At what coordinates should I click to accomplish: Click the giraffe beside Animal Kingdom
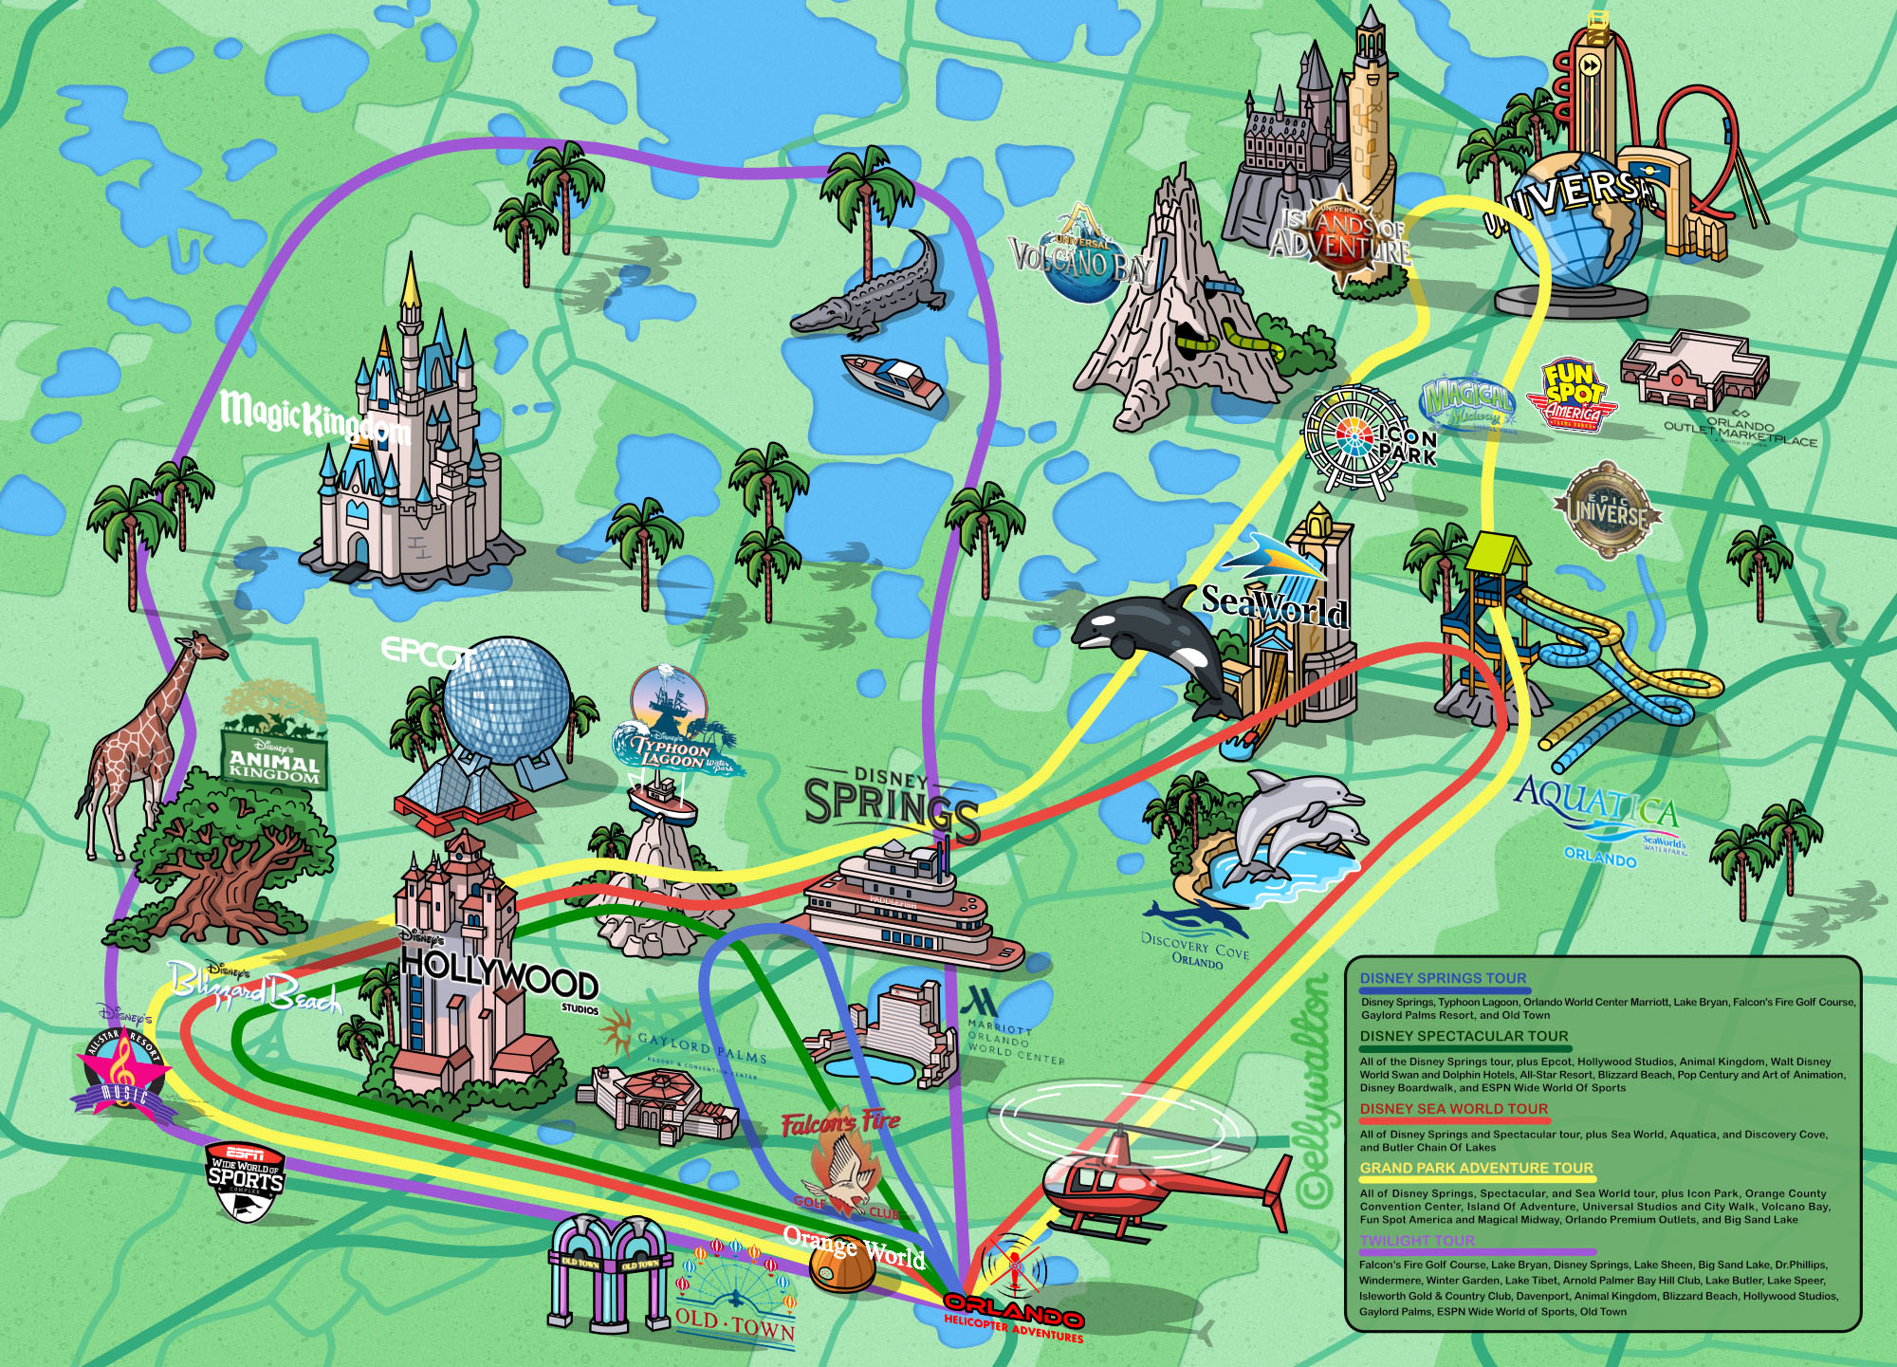coord(142,749)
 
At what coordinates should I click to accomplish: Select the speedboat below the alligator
coord(892,379)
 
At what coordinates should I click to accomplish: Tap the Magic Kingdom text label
coord(313,417)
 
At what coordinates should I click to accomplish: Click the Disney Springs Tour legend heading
coord(1443,978)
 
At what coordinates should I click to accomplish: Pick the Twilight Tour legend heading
coord(1417,1240)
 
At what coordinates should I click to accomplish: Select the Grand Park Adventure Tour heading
coord(1476,1168)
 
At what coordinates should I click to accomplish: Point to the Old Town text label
coord(735,1323)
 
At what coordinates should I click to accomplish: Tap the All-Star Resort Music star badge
coord(121,1072)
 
